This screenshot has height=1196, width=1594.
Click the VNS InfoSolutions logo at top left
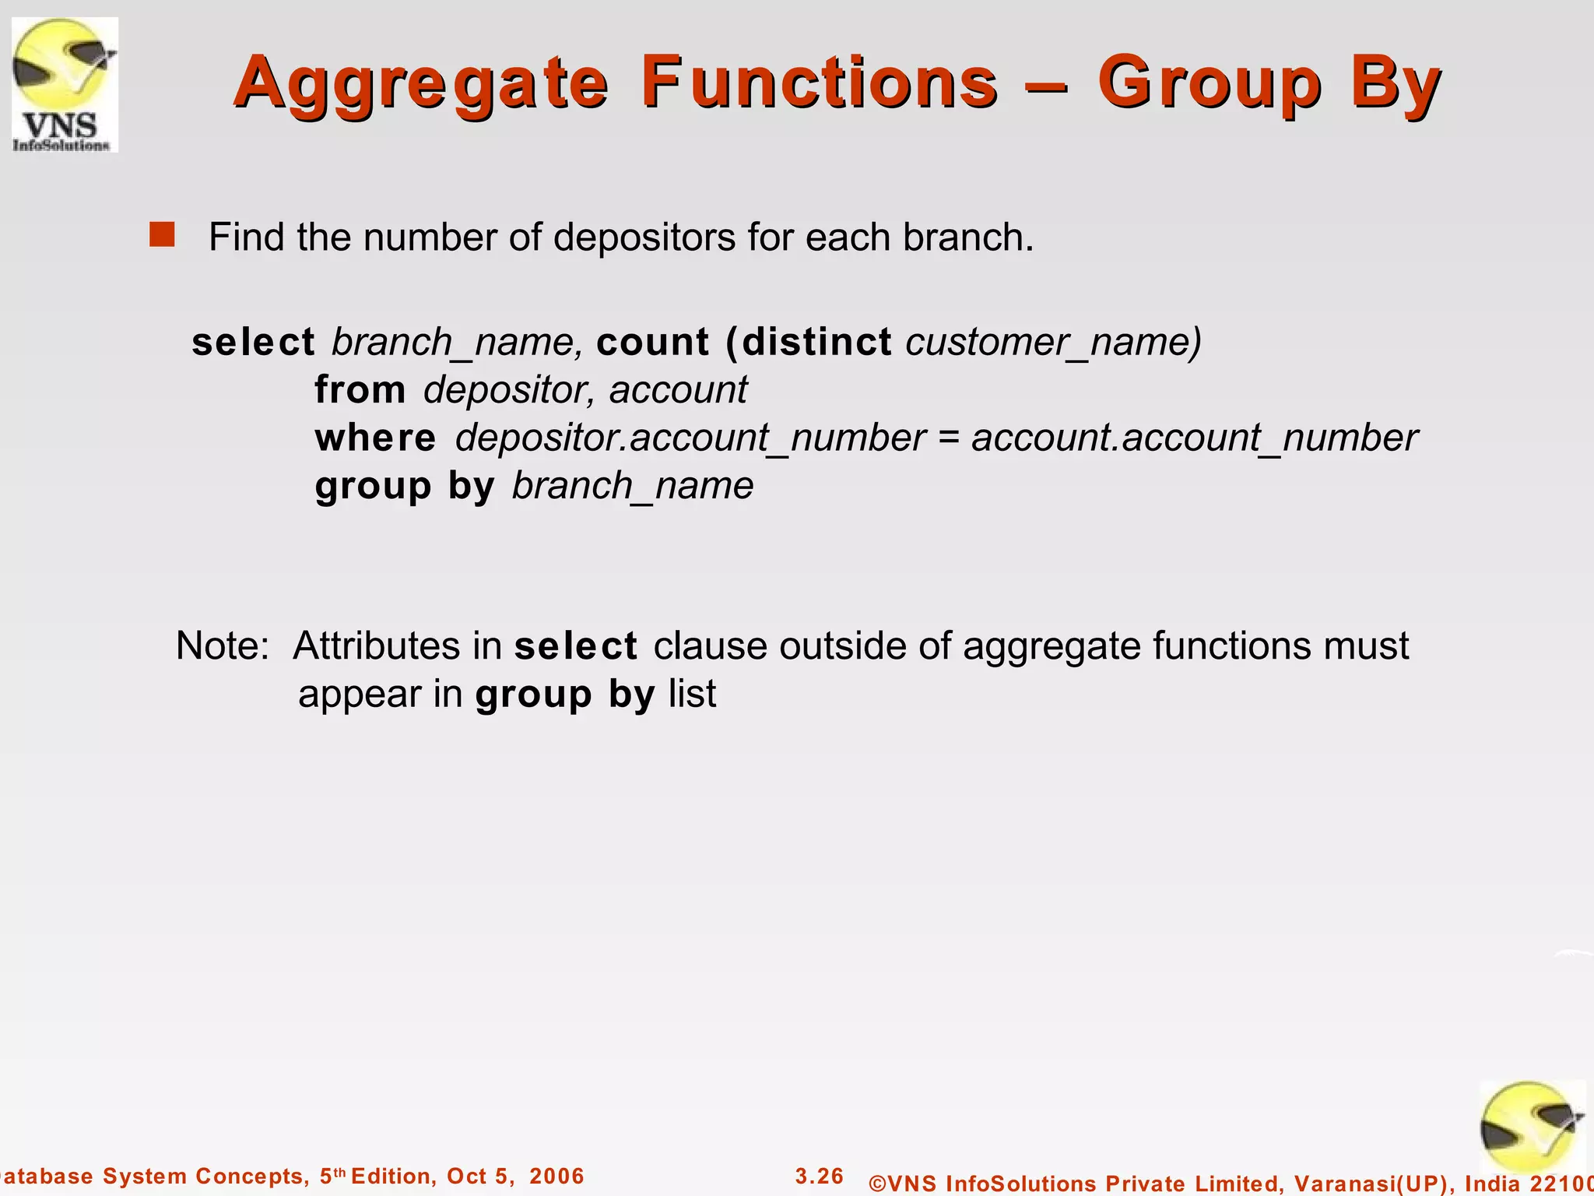click(65, 84)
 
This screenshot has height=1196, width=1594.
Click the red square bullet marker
click(162, 234)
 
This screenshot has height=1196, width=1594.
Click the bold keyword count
click(652, 342)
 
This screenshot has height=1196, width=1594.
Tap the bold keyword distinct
click(816, 342)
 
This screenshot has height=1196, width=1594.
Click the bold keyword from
click(360, 389)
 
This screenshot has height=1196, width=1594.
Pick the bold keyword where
click(375, 438)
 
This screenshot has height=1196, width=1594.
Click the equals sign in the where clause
click(948, 438)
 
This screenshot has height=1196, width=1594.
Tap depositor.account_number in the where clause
click(690, 438)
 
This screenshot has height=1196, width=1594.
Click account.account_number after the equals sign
click(1194, 438)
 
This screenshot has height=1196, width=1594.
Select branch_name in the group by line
click(632, 486)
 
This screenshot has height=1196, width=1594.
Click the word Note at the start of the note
click(221, 645)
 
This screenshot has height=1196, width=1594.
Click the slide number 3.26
click(819, 1176)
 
